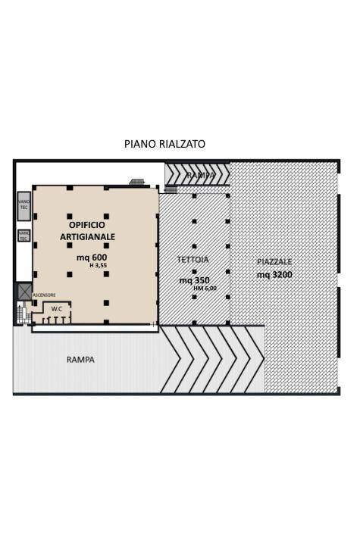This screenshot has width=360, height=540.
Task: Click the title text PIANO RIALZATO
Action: click(x=164, y=144)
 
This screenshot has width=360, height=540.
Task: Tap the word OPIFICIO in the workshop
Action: click(x=87, y=225)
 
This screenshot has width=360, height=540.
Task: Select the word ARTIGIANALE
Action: click(x=88, y=237)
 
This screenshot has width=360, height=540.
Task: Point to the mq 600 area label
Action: click(x=91, y=257)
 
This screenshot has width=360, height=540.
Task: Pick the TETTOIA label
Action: click(x=193, y=260)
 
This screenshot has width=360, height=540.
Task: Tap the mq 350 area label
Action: click(x=194, y=279)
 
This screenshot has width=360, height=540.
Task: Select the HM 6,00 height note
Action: click(x=205, y=288)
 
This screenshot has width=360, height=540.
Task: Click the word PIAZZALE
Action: click(x=274, y=262)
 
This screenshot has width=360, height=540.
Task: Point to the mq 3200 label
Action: click(x=274, y=275)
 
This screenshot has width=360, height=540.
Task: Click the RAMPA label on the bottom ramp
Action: click(x=80, y=360)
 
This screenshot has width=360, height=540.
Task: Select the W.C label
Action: click(x=57, y=308)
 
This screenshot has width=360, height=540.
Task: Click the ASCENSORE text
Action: click(x=44, y=295)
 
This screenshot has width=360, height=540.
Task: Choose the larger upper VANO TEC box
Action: click(x=23, y=202)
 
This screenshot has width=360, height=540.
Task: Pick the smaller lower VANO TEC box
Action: click(x=23, y=236)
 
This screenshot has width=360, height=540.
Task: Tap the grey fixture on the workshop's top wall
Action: click(x=137, y=182)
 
